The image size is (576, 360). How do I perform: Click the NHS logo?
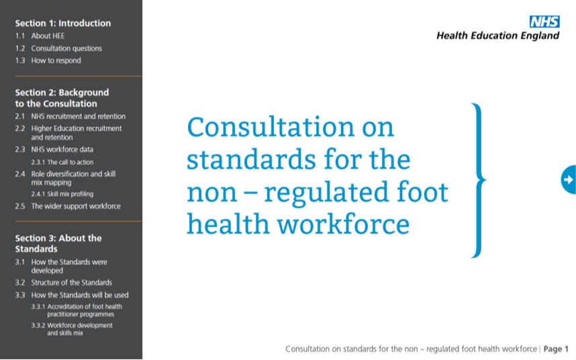[x=544, y=21]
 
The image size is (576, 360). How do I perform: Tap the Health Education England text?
[x=497, y=36]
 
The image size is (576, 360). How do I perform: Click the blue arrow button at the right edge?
[x=569, y=179]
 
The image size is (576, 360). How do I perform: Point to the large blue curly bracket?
[x=479, y=181]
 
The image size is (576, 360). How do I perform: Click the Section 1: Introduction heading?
[x=63, y=23]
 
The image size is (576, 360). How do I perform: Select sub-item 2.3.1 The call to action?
[x=62, y=162]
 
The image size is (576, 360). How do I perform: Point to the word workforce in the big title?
[x=343, y=224]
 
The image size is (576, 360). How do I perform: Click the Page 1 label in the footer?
[x=556, y=349]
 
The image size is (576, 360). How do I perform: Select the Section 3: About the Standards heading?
[x=58, y=244]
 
